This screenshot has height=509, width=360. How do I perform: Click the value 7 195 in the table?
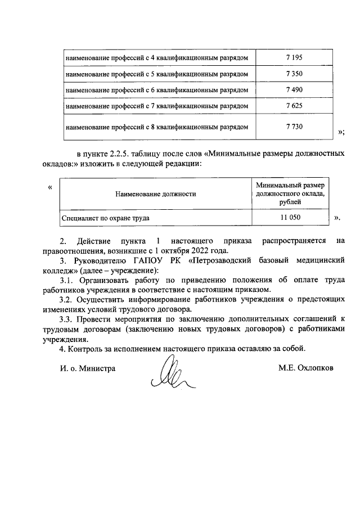[294, 57]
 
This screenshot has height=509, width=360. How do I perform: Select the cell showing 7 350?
[294, 74]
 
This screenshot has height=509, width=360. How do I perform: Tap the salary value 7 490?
[294, 89]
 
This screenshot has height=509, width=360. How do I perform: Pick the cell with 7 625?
[294, 105]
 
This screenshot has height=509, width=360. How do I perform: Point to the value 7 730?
[294, 127]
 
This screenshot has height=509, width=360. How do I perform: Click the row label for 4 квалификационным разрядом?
[157, 57]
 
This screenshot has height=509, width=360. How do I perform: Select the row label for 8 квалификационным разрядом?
[157, 127]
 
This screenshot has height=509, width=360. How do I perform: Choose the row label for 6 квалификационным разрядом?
[157, 89]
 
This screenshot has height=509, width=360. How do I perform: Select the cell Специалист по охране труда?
[107, 217]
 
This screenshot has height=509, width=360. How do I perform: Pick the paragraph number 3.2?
[67, 299]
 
